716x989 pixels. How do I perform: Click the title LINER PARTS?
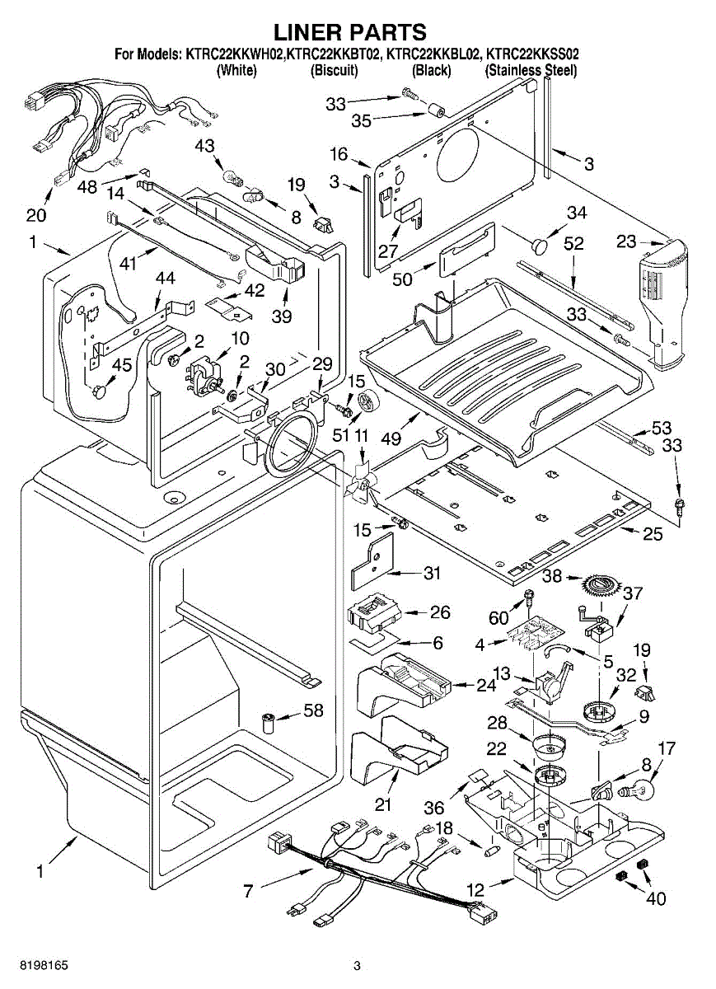349,32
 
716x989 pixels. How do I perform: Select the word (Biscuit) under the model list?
334,71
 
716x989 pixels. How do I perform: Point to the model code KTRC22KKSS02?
532,54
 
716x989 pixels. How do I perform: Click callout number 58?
312,710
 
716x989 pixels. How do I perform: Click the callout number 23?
626,241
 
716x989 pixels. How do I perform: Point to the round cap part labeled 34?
538,244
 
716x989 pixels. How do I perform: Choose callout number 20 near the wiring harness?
35,215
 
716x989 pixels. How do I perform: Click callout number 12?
475,890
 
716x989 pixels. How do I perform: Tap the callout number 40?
655,898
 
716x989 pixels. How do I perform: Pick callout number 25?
652,535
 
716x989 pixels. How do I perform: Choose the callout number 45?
121,365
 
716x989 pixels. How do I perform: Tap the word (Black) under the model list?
432,71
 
